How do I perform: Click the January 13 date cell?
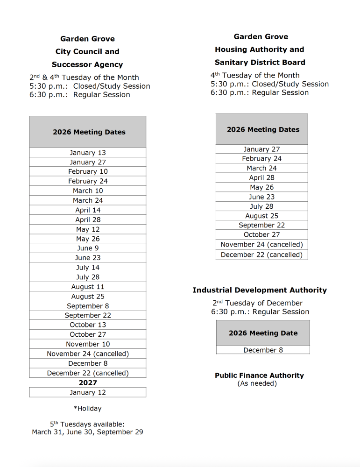click(88, 153)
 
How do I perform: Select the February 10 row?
click(88, 171)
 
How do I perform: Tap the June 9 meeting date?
click(88, 248)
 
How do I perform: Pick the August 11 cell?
click(88, 287)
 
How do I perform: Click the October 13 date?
click(88, 325)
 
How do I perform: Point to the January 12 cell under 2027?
click(88, 392)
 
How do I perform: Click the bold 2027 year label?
click(88, 382)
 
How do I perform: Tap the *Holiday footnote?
click(87, 409)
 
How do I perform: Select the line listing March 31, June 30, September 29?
click(87, 432)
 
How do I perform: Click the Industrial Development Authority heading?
click(260, 290)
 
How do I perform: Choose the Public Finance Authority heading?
click(259, 375)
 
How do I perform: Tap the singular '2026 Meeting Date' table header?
click(263, 333)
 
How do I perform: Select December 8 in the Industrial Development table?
click(263, 350)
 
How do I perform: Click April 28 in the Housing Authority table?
click(261, 177)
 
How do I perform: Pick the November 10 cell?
click(88, 344)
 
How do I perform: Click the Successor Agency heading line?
click(87, 64)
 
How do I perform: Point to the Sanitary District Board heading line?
click(260, 62)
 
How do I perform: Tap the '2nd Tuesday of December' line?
click(258, 303)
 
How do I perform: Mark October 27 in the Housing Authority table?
click(261, 234)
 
